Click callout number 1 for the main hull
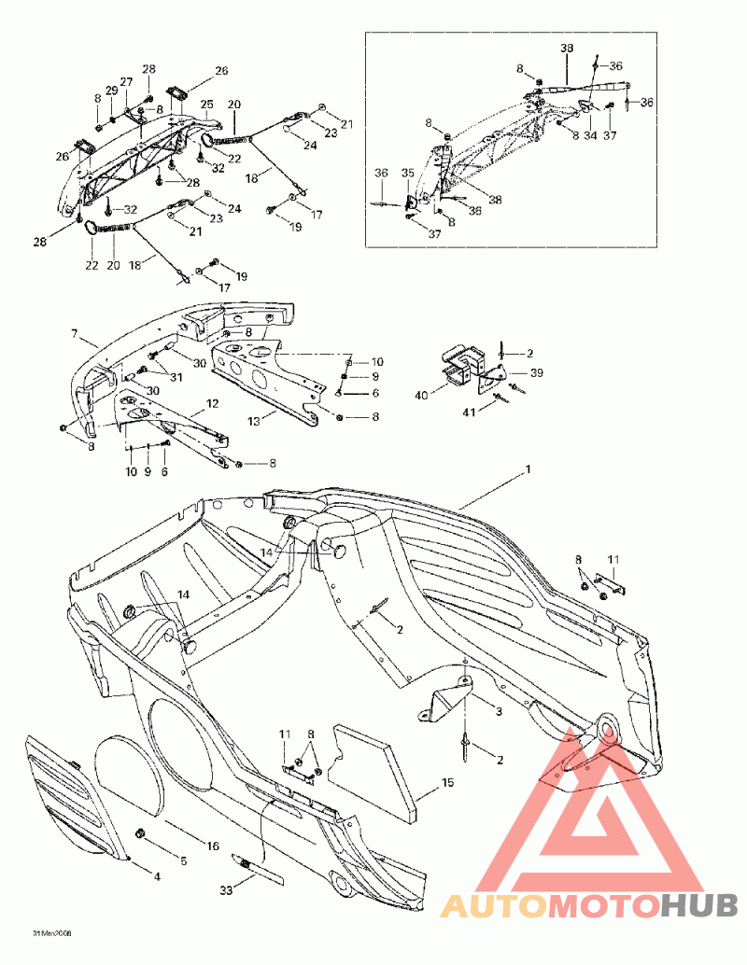[x=528, y=469]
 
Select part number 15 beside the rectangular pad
[x=447, y=782]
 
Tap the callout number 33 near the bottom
[x=224, y=890]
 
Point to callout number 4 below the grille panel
[x=157, y=876]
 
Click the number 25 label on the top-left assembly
[x=207, y=104]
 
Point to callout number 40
[x=420, y=395]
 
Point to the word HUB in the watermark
[x=700, y=904]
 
